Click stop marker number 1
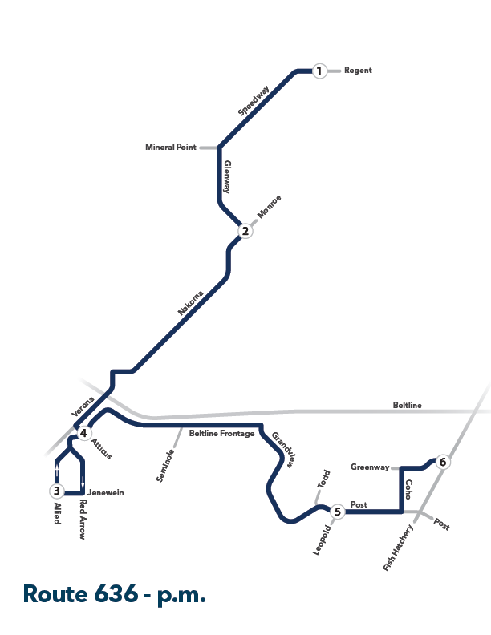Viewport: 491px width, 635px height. pyautogui.click(x=319, y=71)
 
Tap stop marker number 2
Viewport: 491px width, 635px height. pyautogui.click(x=245, y=231)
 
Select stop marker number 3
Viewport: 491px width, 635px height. pyautogui.click(x=57, y=491)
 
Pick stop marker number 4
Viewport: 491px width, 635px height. pyautogui.click(x=83, y=433)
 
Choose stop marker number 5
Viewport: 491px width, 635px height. pyautogui.click(x=338, y=512)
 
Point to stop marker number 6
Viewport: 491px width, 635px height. pyautogui.click(x=443, y=462)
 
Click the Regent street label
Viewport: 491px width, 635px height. pyautogui.click(x=358, y=71)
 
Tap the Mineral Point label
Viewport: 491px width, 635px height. pyautogui.click(x=171, y=147)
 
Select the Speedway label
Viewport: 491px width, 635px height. pyautogui.click(x=254, y=100)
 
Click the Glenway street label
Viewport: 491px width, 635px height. pyautogui.click(x=227, y=177)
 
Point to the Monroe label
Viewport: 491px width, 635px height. pyautogui.click(x=269, y=207)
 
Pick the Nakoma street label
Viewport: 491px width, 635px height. pyautogui.click(x=190, y=302)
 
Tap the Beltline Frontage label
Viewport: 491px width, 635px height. pyautogui.click(x=221, y=433)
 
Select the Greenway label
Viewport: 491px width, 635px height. pyautogui.click(x=370, y=467)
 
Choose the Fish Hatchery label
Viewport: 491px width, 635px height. pyautogui.click(x=398, y=548)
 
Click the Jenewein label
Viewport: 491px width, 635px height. pyautogui.click(x=106, y=493)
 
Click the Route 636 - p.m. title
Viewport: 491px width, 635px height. pyautogui.click(x=115, y=595)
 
